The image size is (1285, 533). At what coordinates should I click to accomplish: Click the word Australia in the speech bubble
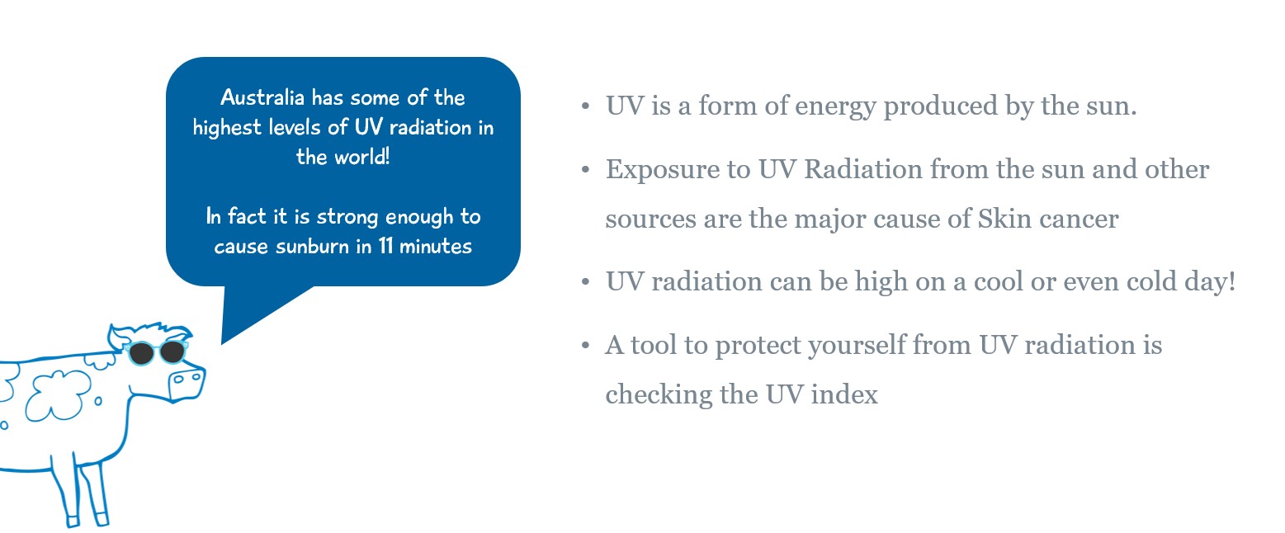tap(262, 97)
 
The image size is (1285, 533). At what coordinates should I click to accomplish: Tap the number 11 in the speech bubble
tap(385, 246)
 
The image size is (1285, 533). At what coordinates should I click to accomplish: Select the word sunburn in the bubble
tap(313, 246)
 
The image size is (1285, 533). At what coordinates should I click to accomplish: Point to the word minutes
tap(436, 246)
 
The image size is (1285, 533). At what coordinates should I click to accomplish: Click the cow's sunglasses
tap(156, 352)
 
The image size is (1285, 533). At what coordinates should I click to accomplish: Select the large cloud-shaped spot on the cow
tap(59, 394)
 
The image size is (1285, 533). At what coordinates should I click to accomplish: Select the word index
tap(844, 394)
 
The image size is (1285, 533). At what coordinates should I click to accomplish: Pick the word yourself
tap(857, 346)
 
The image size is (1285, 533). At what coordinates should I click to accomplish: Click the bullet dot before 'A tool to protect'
tap(585, 345)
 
